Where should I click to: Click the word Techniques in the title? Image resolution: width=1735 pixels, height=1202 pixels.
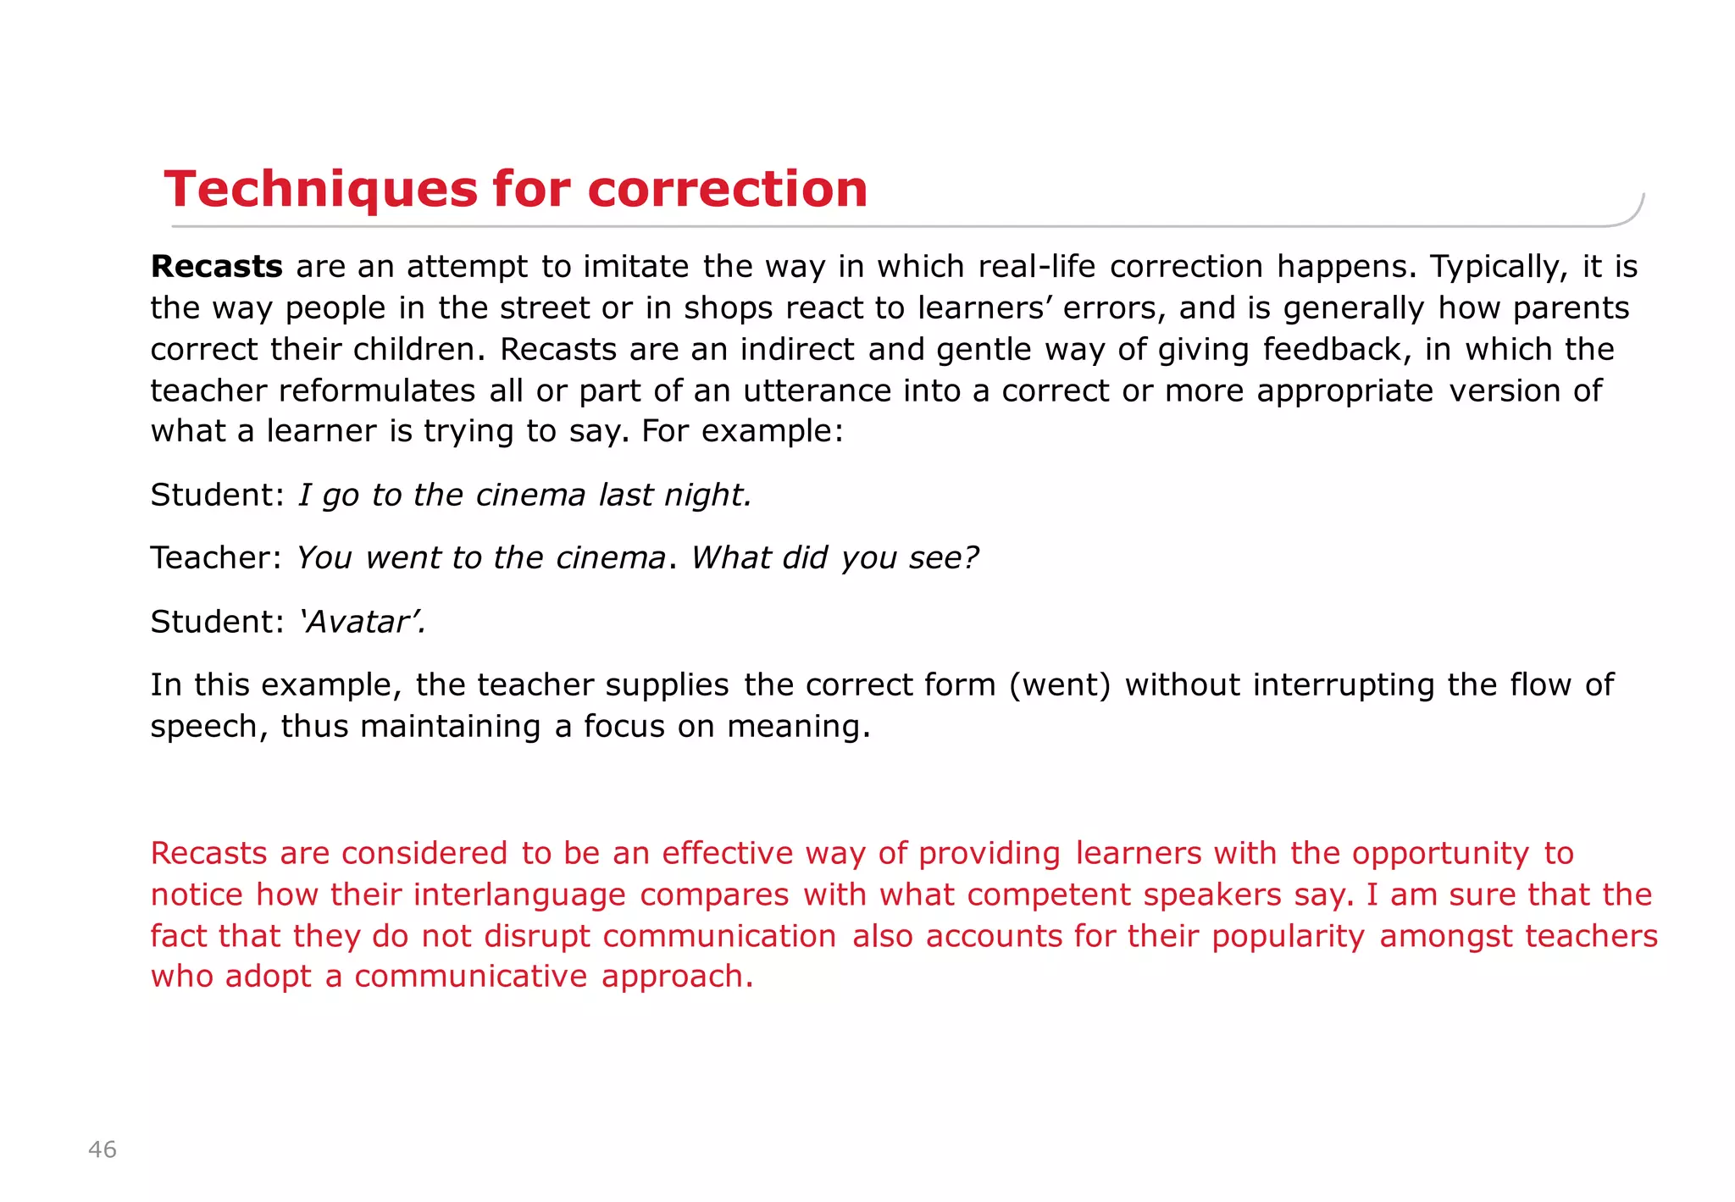[321, 189]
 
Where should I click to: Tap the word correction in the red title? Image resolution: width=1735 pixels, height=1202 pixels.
[727, 189]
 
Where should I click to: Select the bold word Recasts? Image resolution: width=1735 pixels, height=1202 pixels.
[216, 267]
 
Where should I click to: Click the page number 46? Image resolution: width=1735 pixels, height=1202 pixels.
[103, 1149]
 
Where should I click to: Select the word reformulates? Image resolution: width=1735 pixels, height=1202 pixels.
[377, 391]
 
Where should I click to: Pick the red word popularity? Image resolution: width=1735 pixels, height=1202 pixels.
[1288, 937]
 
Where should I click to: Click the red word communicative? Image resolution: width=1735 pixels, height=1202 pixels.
[470, 978]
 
